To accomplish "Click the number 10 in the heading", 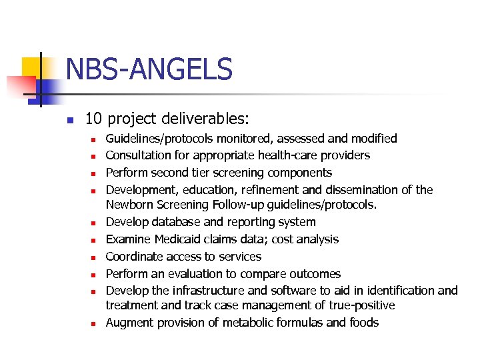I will click(x=93, y=119).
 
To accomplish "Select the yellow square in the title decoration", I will click(x=31, y=67).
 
